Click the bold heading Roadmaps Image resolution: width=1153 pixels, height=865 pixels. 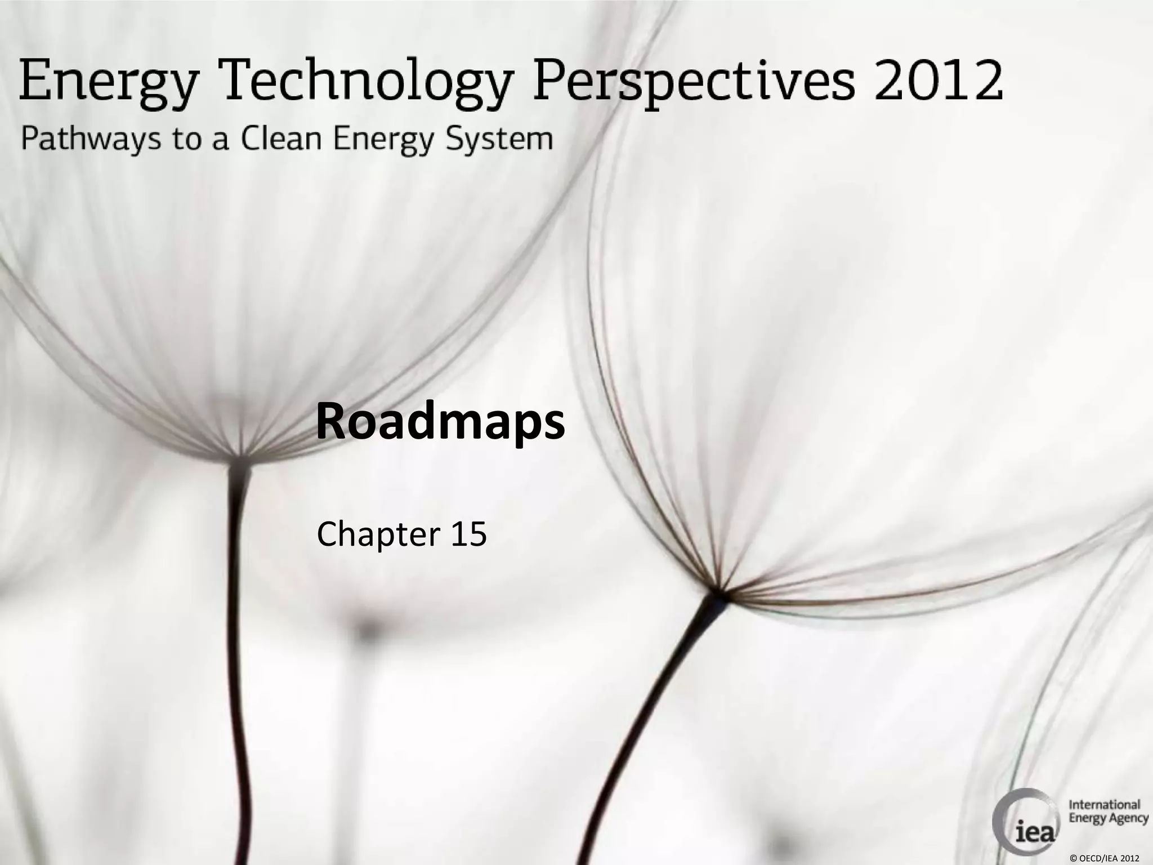(440, 423)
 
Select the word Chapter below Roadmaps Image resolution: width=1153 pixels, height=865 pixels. (378, 534)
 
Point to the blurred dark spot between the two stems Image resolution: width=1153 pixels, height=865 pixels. (367, 631)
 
